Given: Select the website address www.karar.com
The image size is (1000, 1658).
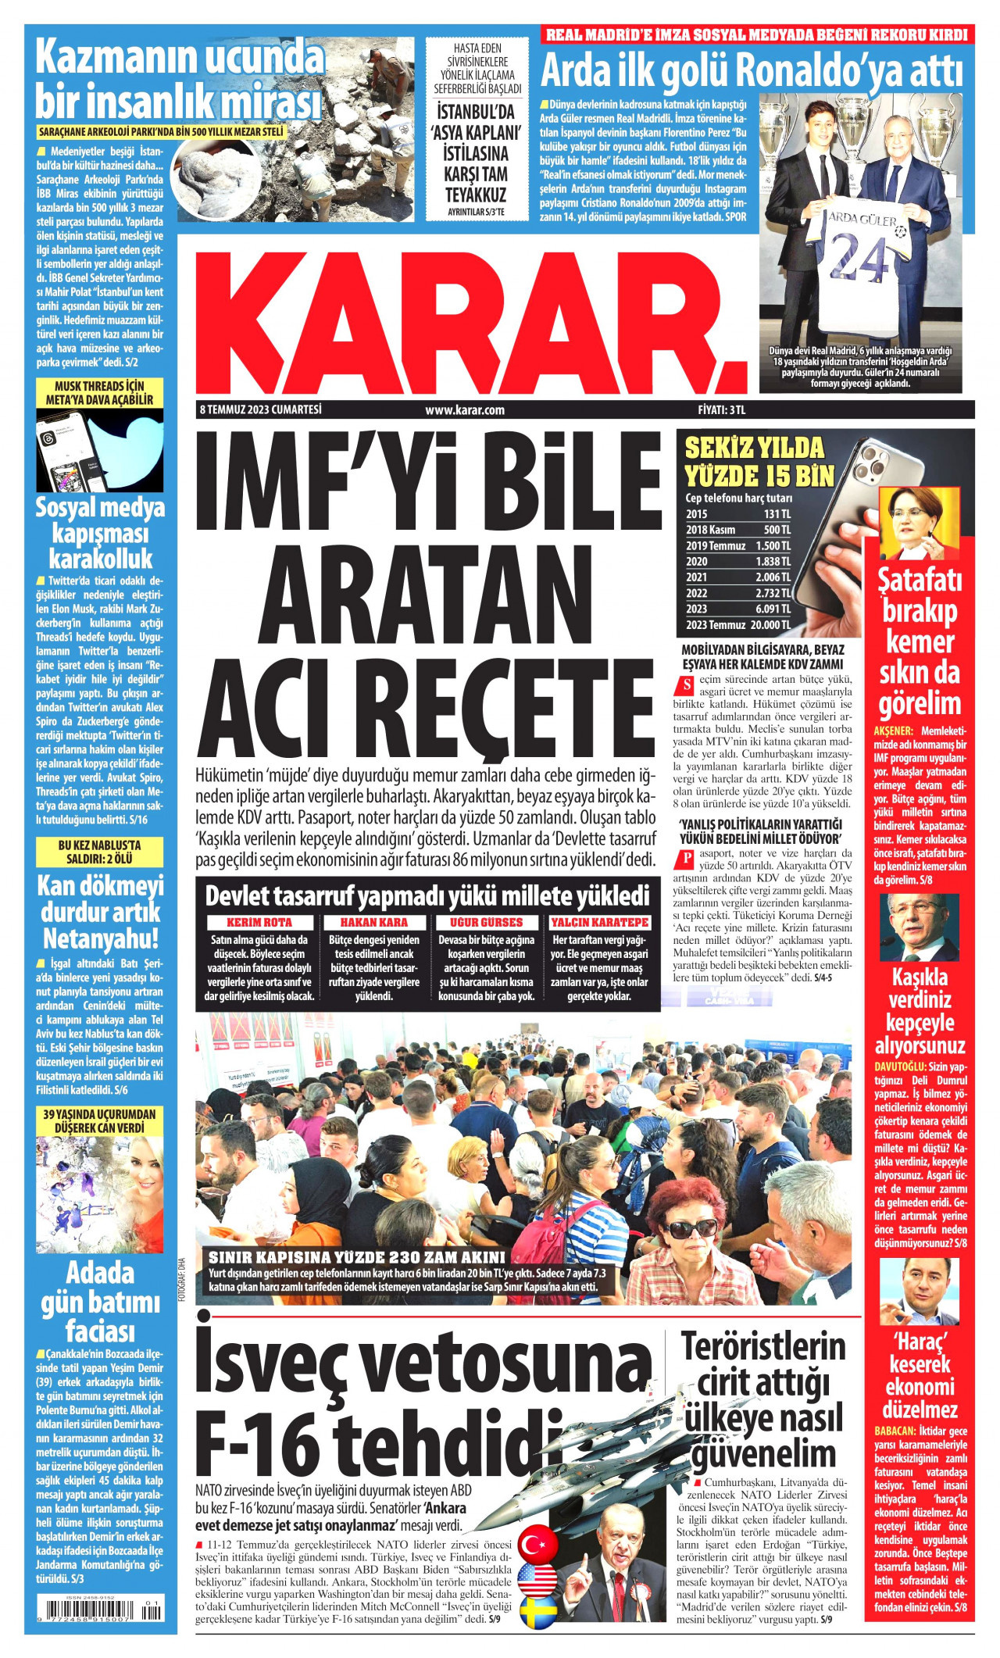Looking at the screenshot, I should coord(465,409).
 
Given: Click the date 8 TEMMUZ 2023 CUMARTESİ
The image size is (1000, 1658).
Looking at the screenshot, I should coord(261,409).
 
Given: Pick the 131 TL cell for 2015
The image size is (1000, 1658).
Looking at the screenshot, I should coord(777,513).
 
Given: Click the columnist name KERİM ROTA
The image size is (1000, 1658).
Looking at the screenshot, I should coord(259,922).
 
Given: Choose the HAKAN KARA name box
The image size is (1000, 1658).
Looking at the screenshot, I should coord(373,922).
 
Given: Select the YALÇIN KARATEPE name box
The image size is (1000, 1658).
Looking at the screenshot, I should coord(600,922).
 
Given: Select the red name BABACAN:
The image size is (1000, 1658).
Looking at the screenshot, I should coord(896,1431).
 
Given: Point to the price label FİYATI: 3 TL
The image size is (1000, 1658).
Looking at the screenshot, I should coord(722,409).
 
